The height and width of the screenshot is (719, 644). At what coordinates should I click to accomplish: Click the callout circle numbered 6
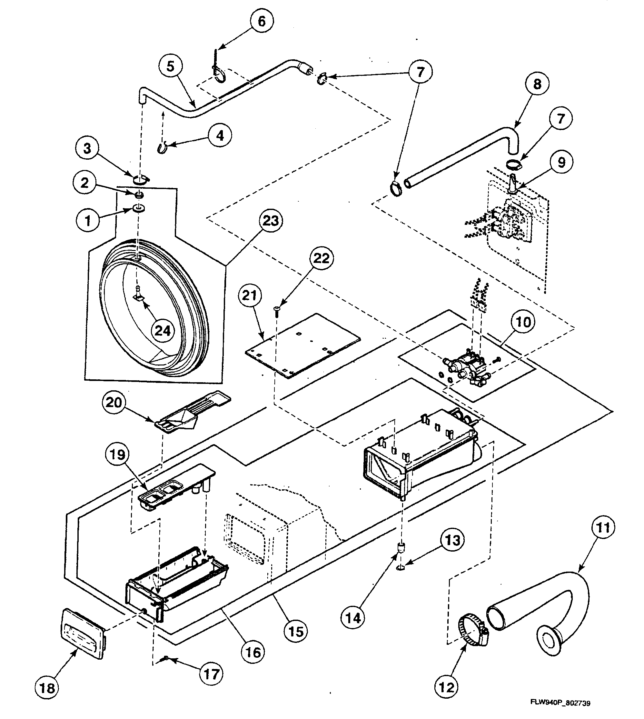coord(262,21)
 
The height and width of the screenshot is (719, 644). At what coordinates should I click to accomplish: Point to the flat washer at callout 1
coord(138,208)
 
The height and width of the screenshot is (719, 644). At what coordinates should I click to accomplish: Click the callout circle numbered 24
coord(163,331)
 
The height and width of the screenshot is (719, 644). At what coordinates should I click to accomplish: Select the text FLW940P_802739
coord(560,703)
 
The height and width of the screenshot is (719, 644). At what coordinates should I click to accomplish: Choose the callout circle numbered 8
coord(537,84)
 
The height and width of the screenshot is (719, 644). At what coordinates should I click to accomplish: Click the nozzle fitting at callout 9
coord(513,184)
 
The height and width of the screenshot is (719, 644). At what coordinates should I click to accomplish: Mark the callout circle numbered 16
coord(253,652)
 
